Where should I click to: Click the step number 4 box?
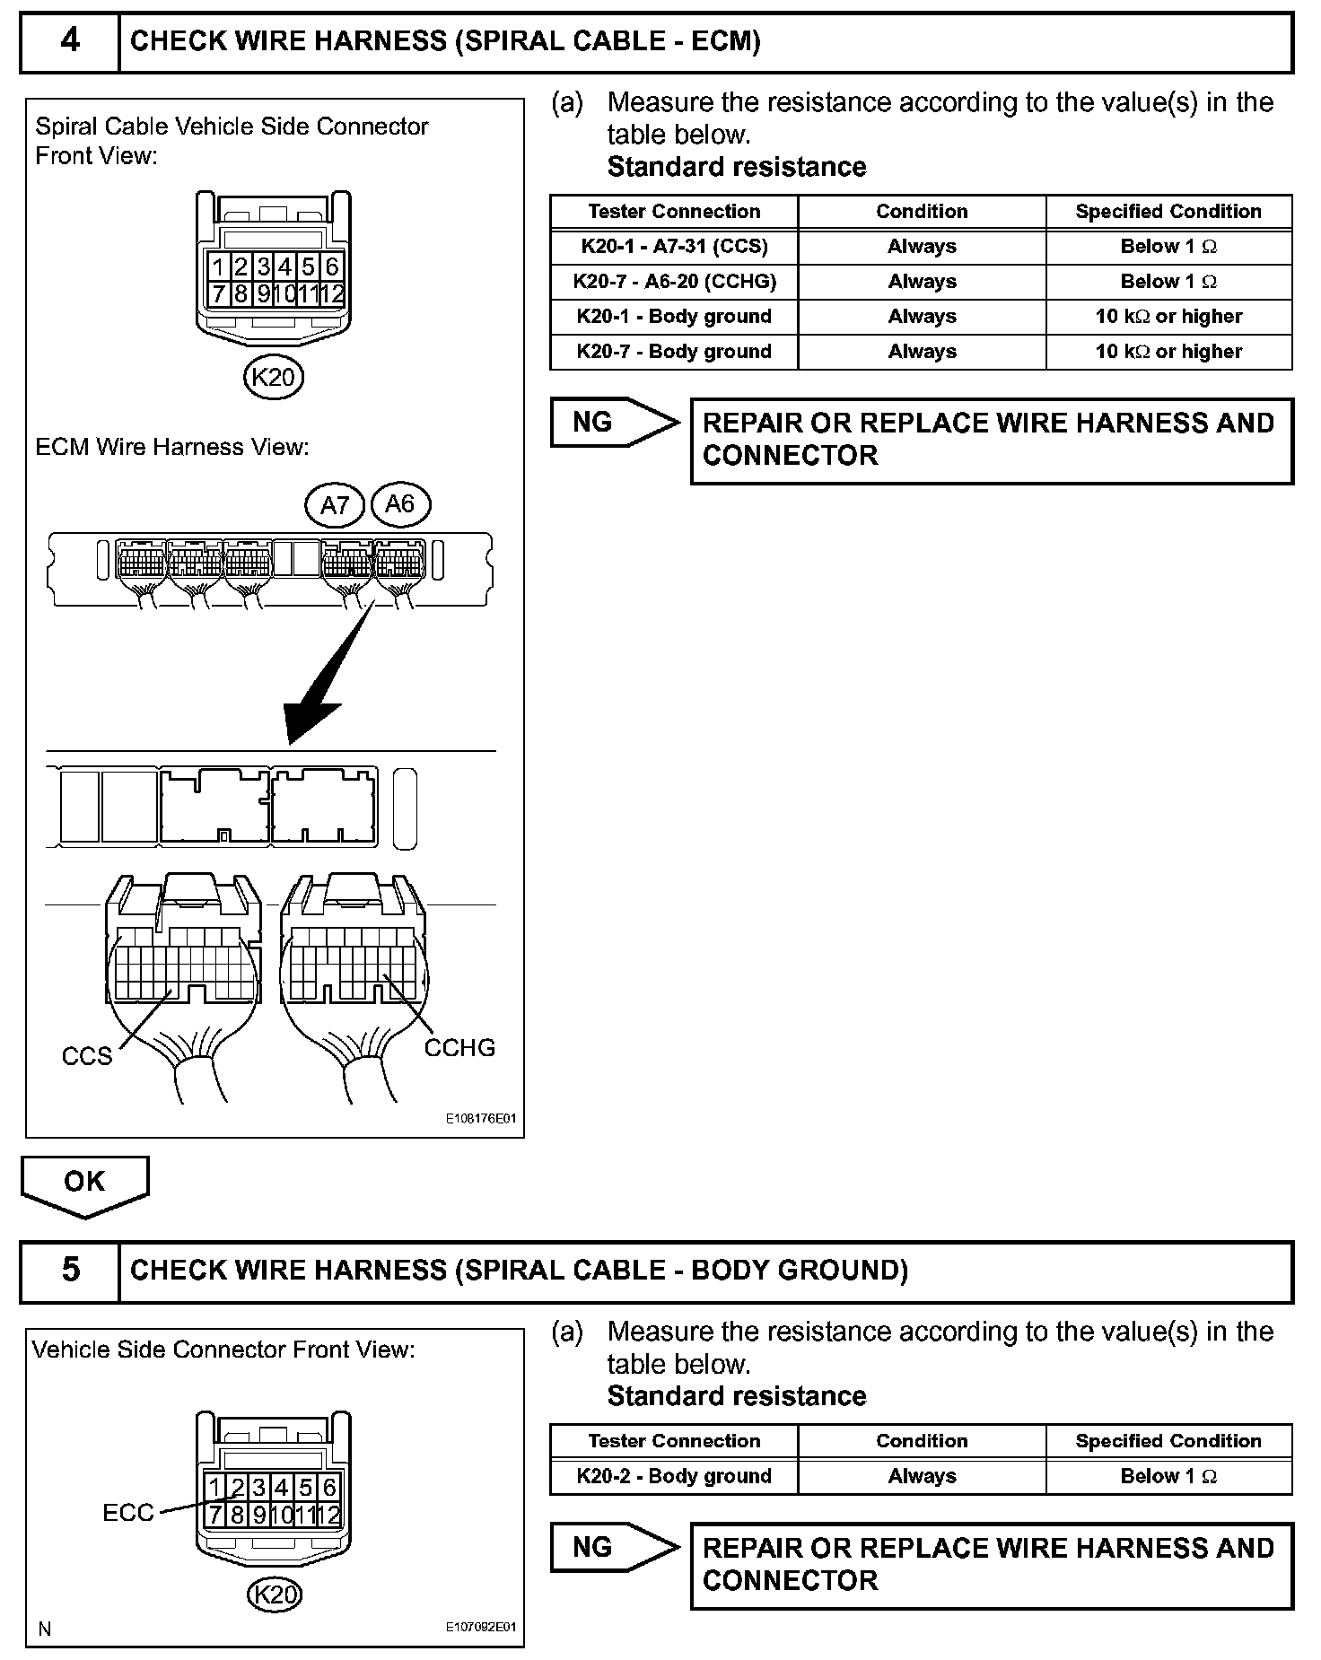tap(70, 41)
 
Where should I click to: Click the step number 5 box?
tap(70, 1270)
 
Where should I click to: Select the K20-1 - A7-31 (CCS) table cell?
tap(674, 247)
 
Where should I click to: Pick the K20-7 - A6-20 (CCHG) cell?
tap(674, 282)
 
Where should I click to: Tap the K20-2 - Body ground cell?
tap(674, 1476)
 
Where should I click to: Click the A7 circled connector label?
tap(335, 505)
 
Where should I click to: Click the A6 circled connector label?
tap(399, 504)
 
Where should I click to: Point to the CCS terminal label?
tap(87, 1056)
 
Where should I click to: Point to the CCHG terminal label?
tap(459, 1048)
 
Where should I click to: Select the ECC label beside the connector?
tap(128, 1514)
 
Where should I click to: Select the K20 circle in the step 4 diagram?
tap(274, 377)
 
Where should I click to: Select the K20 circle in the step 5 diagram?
tap(274, 1594)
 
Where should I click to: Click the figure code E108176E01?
tap(481, 1119)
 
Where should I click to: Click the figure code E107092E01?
tap(481, 1628)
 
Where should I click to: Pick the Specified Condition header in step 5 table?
tap(1168, 1441)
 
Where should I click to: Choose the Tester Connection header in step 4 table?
tap(674, 212)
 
